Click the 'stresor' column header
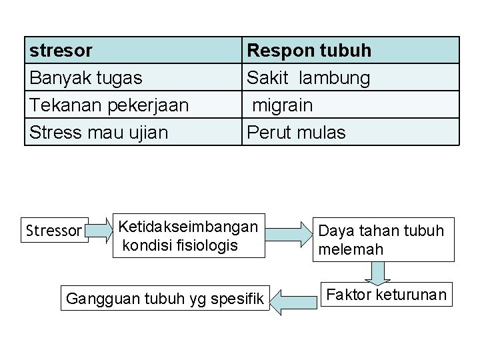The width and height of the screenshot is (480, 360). click(x=61, y=50)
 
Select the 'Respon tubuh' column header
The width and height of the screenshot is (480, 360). click(x=309, y=50)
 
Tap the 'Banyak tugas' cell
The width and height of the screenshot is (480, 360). click(x=85, y=77)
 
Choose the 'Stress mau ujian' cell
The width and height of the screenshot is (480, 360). click(x=99, y=132)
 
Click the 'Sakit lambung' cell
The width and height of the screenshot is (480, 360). click(x=308, y=77)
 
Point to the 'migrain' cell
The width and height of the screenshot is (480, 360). click(x=282, y=105)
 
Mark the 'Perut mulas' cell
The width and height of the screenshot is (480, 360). click(x=296, y=132)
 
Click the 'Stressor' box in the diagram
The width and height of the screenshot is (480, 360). click(x=53, y=231)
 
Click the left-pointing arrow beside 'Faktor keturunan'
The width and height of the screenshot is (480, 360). click(x=293, y=299)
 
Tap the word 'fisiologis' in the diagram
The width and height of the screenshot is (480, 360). click(x=206, y=245)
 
